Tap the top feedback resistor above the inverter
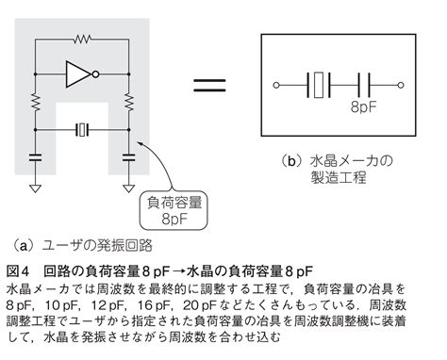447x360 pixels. (x=81, y=41)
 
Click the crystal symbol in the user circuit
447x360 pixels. (x=82, y=129)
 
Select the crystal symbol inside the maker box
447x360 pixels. (x=321, y=84)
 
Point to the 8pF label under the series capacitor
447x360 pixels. (x=364, y=107)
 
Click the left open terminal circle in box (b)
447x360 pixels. (x=276, y=84)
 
